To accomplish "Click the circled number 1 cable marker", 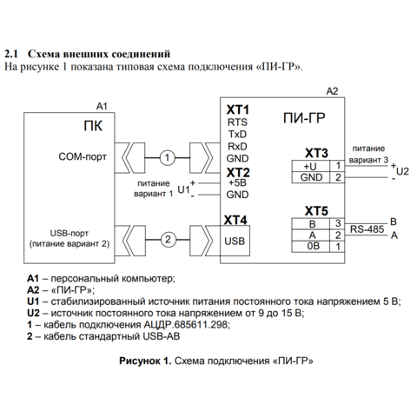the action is click(x=167, y=158).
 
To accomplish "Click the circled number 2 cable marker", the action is click(x=168, y=240).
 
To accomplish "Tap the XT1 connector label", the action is click(x=238, y=110).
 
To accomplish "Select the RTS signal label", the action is click(x=237, y=122).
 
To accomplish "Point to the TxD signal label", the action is click(x=237, y=135).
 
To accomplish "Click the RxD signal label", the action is click(x=237, y=147).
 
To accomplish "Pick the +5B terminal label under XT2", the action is click(x=237, y=183).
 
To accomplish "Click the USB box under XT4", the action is click(x=235, y=241).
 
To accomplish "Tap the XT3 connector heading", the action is click(x=316, y=153).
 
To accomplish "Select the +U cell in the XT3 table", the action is click(x=310, y=166).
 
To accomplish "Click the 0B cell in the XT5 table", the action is click(x=310, y=247).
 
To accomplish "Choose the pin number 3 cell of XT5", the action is click(x=338, y=223).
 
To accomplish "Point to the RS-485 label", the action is click(x=367, y=229).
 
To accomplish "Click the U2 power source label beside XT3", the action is click(x=402, y=171).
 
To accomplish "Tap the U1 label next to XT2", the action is click(x=183, y=189).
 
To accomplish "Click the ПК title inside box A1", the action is click(x=93, y=126).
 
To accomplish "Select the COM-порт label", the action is click(x=83, y=156).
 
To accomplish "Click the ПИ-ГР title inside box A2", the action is click(x=304, y=118).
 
